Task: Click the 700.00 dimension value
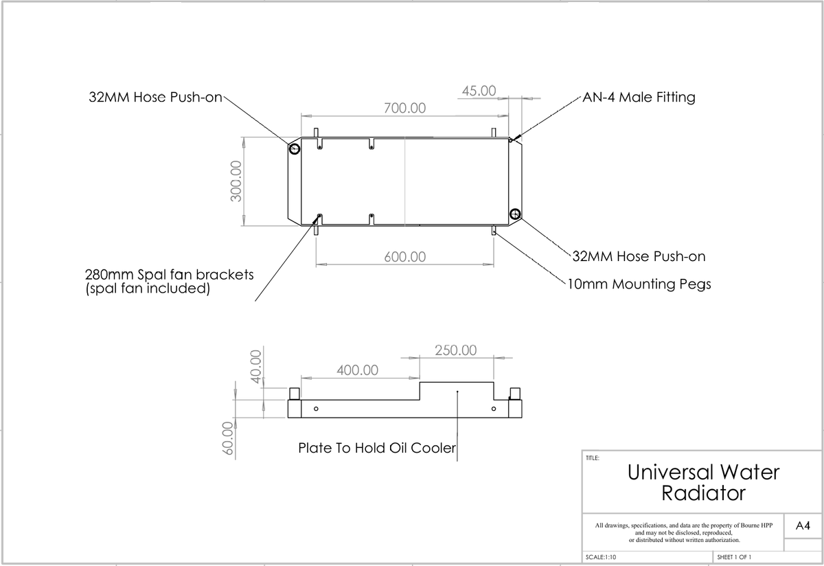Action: point(404,109)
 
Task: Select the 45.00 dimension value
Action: point(479,91)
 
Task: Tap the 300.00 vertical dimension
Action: point(236,181)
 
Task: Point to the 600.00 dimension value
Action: point(404,257)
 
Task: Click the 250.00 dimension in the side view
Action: point(456,350)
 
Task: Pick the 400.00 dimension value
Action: point(357,370)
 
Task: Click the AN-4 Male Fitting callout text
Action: point(639,97)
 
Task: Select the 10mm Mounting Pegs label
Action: point(639,284)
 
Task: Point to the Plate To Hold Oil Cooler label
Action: point(377,448)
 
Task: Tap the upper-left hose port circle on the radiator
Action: point(295,149)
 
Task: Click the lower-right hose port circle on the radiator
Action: point(515,213)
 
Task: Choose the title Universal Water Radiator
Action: point(703,482)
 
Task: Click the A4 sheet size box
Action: point(802,526)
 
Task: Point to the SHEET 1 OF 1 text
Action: point(734,557)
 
